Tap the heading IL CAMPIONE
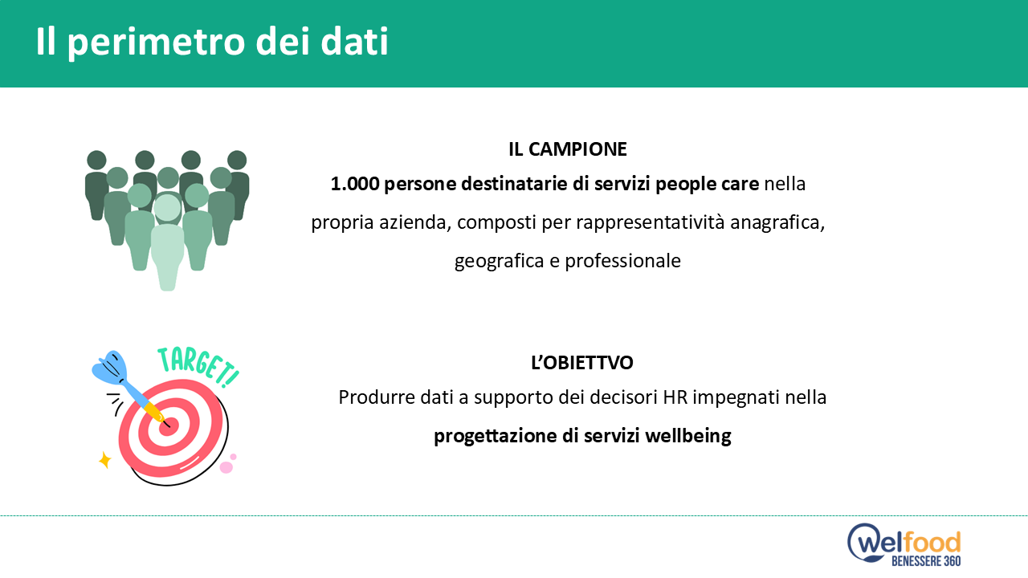click(x=568, y=149)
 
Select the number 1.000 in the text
click(x=355, y=184)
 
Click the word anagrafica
click(x=777, y=223)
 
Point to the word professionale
click(x=622, y=261)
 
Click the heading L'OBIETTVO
click(x=582, y=363)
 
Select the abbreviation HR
click(x=675, y=397)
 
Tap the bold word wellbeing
click(x=688, y=436)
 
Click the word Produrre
click(x=371, y=397)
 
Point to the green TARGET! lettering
click(x=198, y=367)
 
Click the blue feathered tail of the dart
click(x=110, y=368)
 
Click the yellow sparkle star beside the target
click(x=105, y=460)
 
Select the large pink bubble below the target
click(x=226, y=467)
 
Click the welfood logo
click(x=904, y=544)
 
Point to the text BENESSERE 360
click(x=926, y=561)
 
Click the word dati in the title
click(x=355, y=42)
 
